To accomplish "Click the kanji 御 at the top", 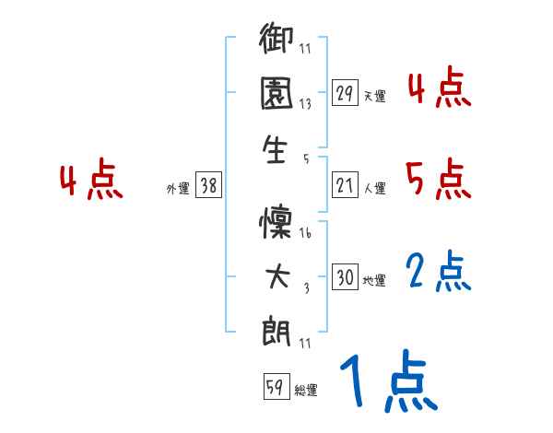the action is [276, 42].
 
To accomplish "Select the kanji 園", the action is [276, 95].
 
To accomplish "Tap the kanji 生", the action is [276, 149].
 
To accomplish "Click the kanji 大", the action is [276, 275].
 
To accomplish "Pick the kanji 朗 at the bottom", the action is [276, 329].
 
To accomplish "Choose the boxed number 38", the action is [208, 186].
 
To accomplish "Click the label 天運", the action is [375, 96].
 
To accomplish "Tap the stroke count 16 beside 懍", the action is [305, 235].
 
